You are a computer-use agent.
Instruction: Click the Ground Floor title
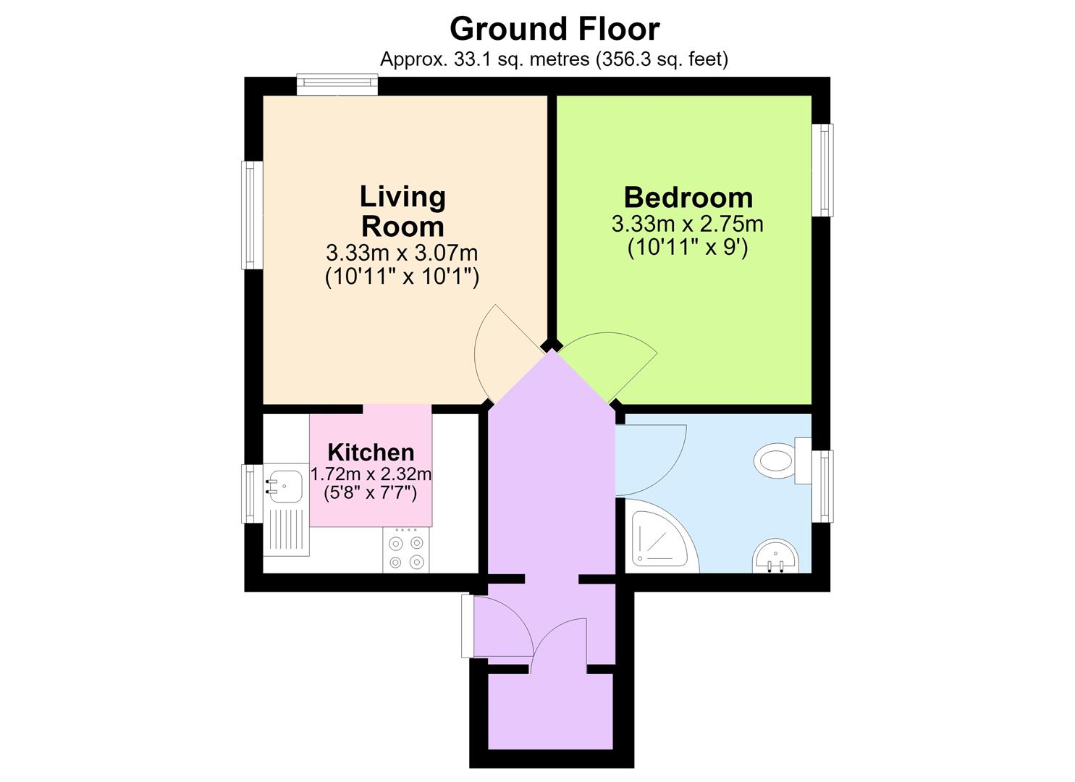click(555, 29)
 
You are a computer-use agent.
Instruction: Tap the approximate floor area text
click(554, 59)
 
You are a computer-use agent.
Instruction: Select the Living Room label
click(402, 211)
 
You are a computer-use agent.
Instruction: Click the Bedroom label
click(688, 197)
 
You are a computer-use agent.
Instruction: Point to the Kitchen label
click(371, 453)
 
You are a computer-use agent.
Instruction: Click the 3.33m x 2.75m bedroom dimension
click(687, 224)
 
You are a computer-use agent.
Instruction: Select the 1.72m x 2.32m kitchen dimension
click(371, 474)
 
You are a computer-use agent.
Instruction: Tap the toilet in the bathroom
click(783, 461)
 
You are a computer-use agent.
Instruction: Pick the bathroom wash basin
click(775, 556)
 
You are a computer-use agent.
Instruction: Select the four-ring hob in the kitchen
click(406, 550)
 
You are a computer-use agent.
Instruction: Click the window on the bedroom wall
click(824, 170)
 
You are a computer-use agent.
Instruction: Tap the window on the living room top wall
click(337, 85)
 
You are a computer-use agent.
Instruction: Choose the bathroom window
click(824, 486)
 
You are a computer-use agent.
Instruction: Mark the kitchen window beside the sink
click(251, 493)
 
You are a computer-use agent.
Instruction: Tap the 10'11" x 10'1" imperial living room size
click(402, 277)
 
